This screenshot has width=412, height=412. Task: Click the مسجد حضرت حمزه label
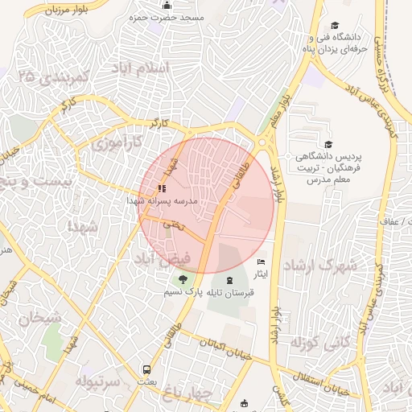click(171, 17)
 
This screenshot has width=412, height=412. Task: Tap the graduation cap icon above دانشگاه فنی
click(336, 25)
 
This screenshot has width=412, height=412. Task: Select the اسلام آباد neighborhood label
click(167, 68)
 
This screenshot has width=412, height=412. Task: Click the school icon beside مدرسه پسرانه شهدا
click(162, 188)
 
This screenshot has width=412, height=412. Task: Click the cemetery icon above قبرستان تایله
click(232, 280)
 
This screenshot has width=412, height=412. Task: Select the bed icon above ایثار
click(260, 262)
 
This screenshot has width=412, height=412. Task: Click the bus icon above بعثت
click(146, 370)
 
